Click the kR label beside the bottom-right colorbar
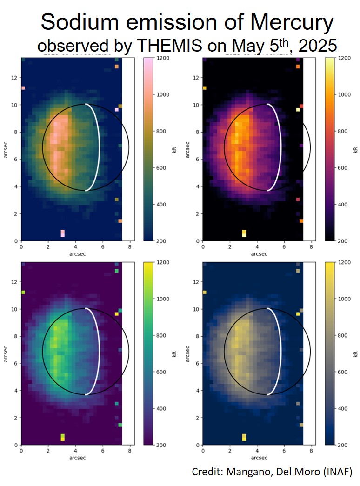[355, 354]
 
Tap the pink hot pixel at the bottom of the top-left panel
[63, 233]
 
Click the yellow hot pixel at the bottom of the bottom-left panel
[63, 437]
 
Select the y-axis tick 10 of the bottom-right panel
[196, 309]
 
